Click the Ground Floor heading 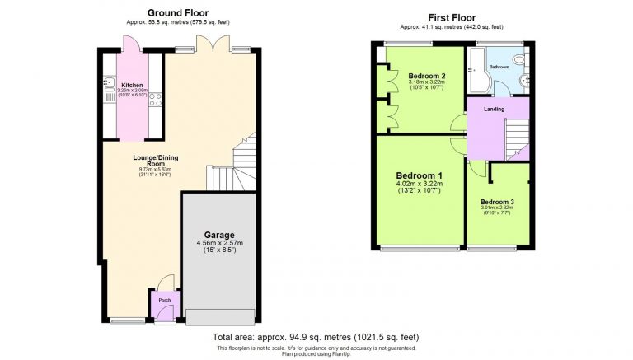point(177,12)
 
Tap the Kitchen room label point(132,85)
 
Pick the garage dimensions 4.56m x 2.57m point(219,244)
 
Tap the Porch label point(165,300)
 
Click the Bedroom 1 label point(419,175)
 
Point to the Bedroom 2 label point(426,76)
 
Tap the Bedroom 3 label point(497,202)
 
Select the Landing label point(494,109)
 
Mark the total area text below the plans point(316,338)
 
